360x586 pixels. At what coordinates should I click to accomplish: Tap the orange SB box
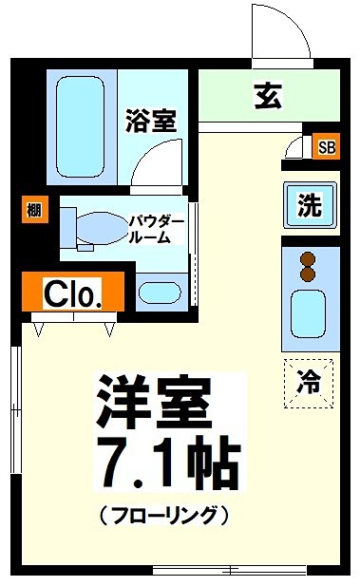click(x=326, y=147)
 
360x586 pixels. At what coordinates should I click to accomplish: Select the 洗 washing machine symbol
click(x=309, y=205)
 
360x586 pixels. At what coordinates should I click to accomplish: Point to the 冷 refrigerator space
click(x=309, y=382)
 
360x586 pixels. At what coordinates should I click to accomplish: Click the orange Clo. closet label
click(x=72, y=293)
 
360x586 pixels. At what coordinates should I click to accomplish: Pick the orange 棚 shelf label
click(x=34, y=211)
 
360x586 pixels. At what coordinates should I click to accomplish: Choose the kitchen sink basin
click(x=308, y=312)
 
